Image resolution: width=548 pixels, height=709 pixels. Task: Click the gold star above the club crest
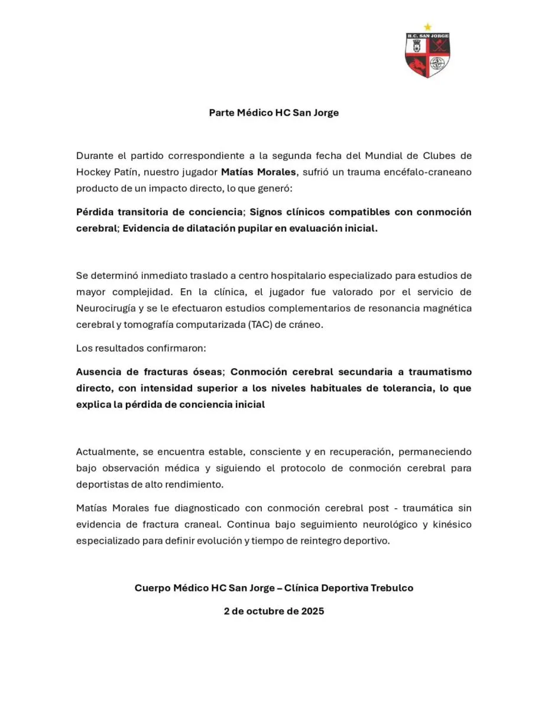click(427, 27)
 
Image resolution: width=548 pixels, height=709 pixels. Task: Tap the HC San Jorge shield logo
click(427, 56)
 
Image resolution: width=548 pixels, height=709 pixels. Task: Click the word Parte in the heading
click(222, 112)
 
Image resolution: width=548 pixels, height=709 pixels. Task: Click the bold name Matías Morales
click(260, 172)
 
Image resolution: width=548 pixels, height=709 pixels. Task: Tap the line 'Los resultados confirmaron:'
click(141, 348)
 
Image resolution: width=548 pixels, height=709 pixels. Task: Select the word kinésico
click(451, 524)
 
